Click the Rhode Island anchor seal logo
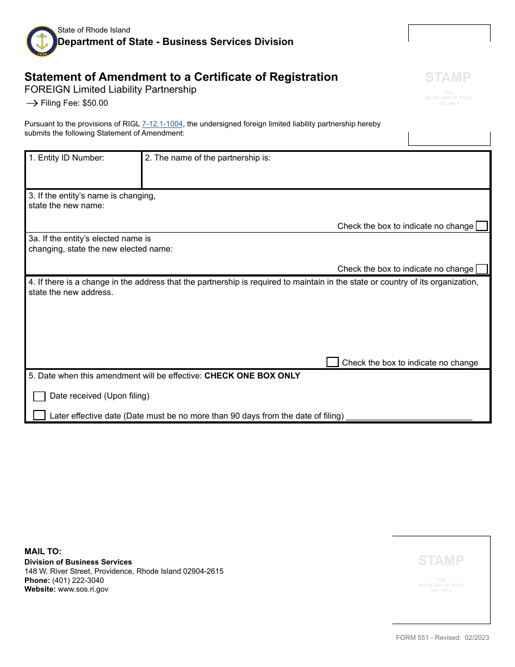click(42, 41)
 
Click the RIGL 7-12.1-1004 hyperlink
click(162, 124)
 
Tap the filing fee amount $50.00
click(95, 103)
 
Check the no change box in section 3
click(481, 226)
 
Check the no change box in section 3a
click(481, 269)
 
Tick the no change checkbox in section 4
click(332, 362)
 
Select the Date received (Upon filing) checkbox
click(39, 396)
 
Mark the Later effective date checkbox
click(39, 415)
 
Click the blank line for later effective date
click(409, 416)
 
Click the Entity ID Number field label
click(66, 158)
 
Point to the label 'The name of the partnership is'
click(207, 158)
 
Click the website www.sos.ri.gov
click(83, 589)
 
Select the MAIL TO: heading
click(43, 551)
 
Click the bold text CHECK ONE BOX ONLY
click(252, 376)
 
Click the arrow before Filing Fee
click(31, 103)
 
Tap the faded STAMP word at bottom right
click(441, 560)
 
